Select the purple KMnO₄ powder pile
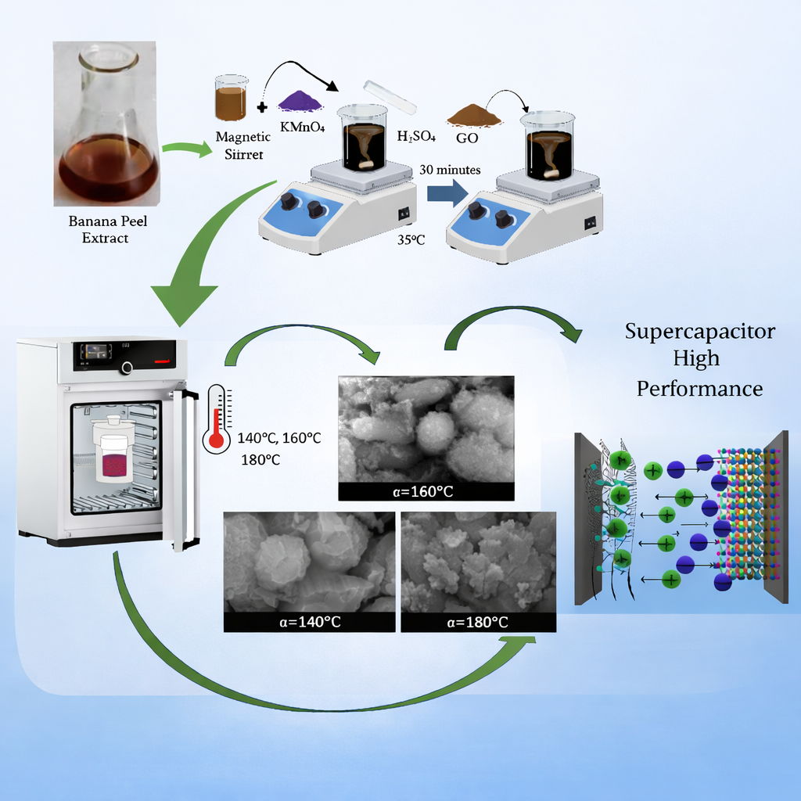click(300, 101)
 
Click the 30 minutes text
click(450, 169)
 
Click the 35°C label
click(410, 240)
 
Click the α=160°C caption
click(426, 491)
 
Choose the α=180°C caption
click(477, 622)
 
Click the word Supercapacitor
click(699, 331)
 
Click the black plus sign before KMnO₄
click(260, 107)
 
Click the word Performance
click(699, 388)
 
